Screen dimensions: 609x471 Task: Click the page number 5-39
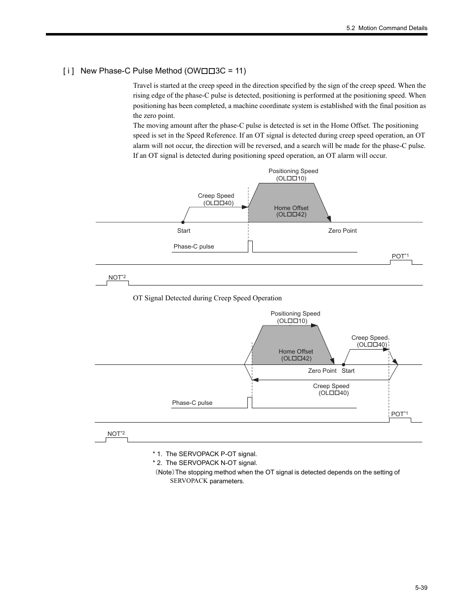421,588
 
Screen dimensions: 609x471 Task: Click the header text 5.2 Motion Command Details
387,28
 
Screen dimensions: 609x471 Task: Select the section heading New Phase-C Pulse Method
163,71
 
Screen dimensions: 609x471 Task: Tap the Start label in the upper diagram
184,231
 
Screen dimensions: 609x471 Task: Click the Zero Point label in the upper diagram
342,231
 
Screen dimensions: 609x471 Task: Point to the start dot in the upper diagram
183,222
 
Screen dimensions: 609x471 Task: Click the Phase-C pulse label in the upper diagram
194,247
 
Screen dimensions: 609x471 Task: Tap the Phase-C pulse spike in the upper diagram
250,246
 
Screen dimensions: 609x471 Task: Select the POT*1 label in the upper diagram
400,256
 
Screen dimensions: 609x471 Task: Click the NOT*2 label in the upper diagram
117,278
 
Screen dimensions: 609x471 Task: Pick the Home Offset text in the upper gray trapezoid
291,211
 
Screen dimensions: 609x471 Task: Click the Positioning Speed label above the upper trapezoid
293,175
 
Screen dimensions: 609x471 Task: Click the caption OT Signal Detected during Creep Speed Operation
207,298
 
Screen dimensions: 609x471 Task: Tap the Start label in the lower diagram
348,371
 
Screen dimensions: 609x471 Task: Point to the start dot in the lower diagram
343,364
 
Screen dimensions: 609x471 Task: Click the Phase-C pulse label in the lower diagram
192,403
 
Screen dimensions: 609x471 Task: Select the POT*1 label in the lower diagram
399,414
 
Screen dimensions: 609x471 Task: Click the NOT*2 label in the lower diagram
116,434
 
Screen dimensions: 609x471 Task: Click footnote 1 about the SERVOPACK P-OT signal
205,454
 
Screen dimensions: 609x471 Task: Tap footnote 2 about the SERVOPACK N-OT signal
205,463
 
